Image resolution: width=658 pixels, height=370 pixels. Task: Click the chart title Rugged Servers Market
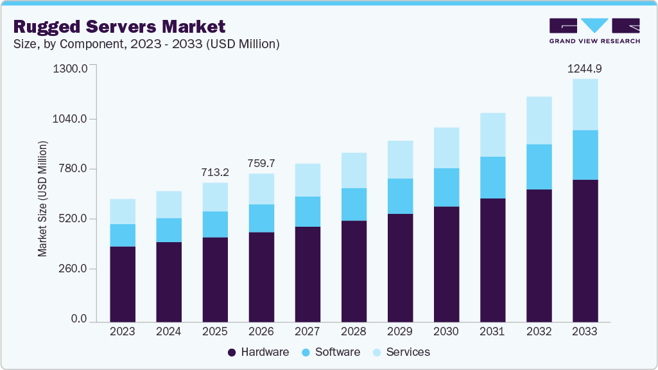pos(119,26)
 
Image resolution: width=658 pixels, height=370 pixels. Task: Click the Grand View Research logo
pos(594,30)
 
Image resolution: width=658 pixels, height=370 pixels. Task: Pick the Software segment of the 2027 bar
pos(307,211)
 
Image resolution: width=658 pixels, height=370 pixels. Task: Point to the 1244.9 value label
pos(585,68)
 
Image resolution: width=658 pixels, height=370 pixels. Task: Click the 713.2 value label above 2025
pos(215,172)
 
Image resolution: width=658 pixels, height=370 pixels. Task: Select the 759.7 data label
pos(261,163)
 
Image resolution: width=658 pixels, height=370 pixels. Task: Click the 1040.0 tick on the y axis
pos(71,119)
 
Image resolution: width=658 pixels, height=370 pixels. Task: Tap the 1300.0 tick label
pos(71,69)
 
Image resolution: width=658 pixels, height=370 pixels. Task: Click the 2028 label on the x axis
pos(354,332)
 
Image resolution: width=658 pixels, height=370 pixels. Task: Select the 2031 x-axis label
pos(492,332)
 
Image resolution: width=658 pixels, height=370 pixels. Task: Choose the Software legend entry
pos(331,352)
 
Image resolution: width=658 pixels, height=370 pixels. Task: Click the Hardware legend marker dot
pos(232,352)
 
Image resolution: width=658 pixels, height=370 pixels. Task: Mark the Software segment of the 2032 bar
pos(539,167)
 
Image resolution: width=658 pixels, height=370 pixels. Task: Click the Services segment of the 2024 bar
pos(169,204)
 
